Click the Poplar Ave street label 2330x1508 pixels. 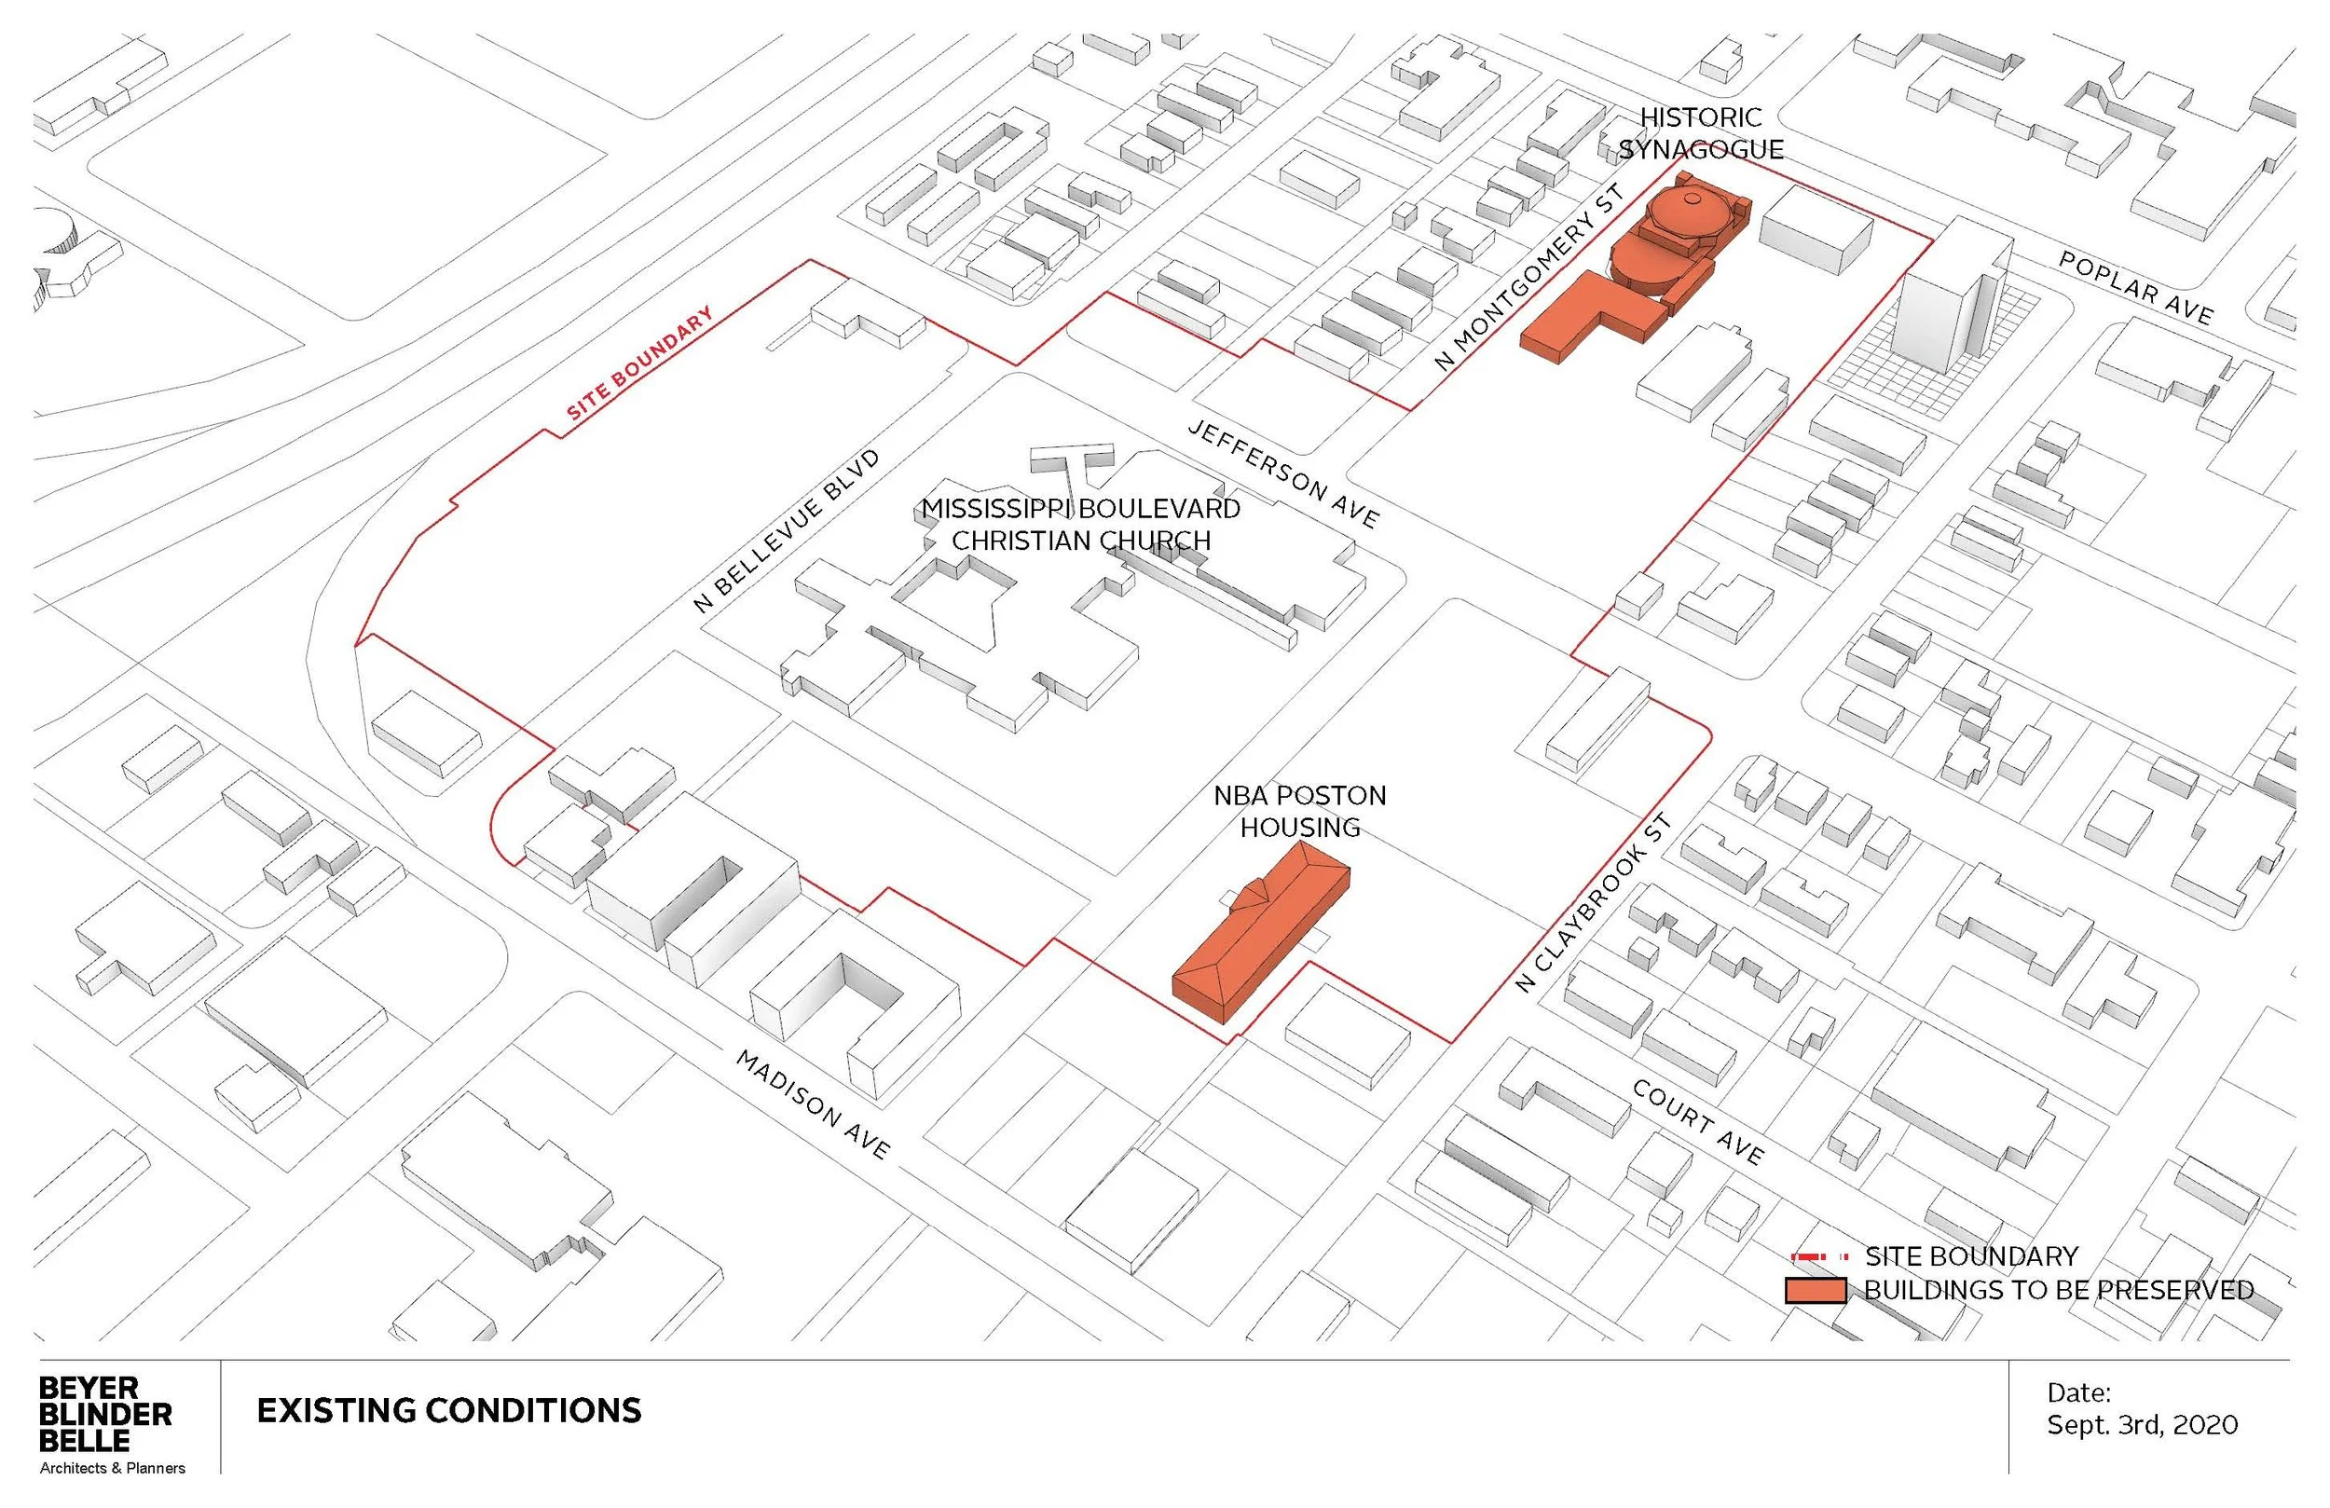2135,288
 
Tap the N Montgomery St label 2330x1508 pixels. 1528,278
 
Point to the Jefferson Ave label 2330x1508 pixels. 1283,474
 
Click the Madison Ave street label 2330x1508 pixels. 813,1104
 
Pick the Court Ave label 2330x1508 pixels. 1697,1122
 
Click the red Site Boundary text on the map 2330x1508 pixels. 639,363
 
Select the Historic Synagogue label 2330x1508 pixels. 1701,133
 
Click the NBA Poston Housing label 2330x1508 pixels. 1300,811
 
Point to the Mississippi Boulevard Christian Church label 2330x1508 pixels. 1081,525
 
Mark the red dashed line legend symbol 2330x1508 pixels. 1819,1256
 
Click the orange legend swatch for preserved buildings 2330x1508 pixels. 1815,1291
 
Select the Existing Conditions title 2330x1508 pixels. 448,1411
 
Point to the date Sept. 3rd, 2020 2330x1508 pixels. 2142,1425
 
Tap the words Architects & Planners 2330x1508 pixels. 113,1468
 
